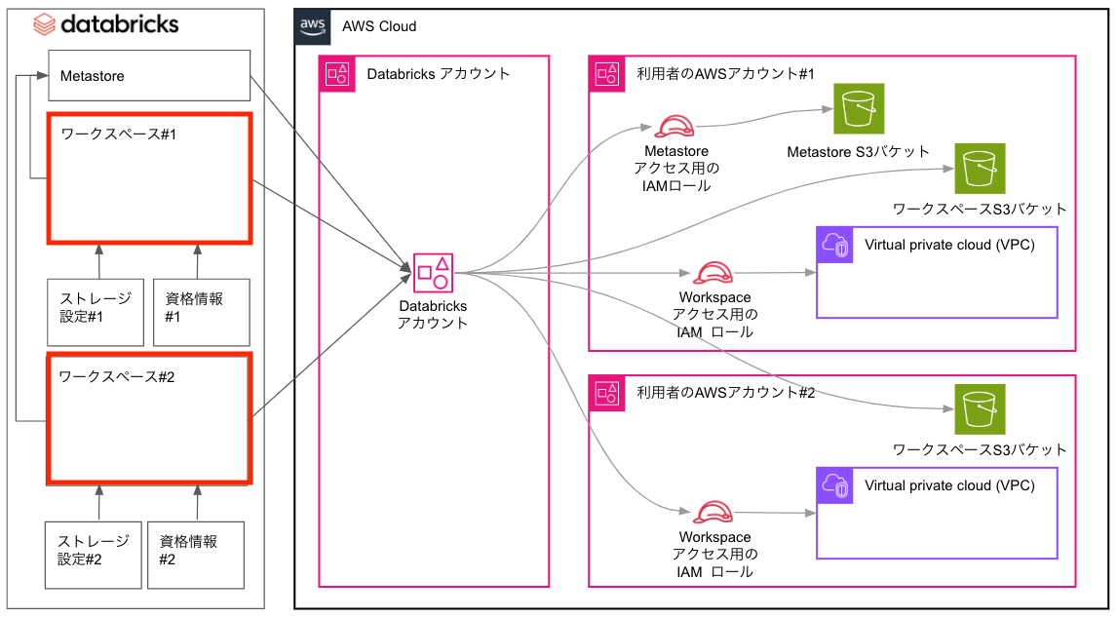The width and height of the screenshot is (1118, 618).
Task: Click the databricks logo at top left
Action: pos(106,23)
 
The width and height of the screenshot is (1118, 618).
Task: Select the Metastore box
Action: pos(150,76)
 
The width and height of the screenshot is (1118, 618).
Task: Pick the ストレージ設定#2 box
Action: pos(93,555)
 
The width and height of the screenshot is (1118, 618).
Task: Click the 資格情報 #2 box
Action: pos(195,555)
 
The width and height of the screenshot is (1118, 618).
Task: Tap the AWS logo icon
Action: pos(313,25)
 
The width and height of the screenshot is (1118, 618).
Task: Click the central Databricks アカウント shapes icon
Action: pos(433,272)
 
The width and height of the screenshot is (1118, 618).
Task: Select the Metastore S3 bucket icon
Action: pos(859,109)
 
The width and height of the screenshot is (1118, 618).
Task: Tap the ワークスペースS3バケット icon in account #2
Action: pos(980,409)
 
